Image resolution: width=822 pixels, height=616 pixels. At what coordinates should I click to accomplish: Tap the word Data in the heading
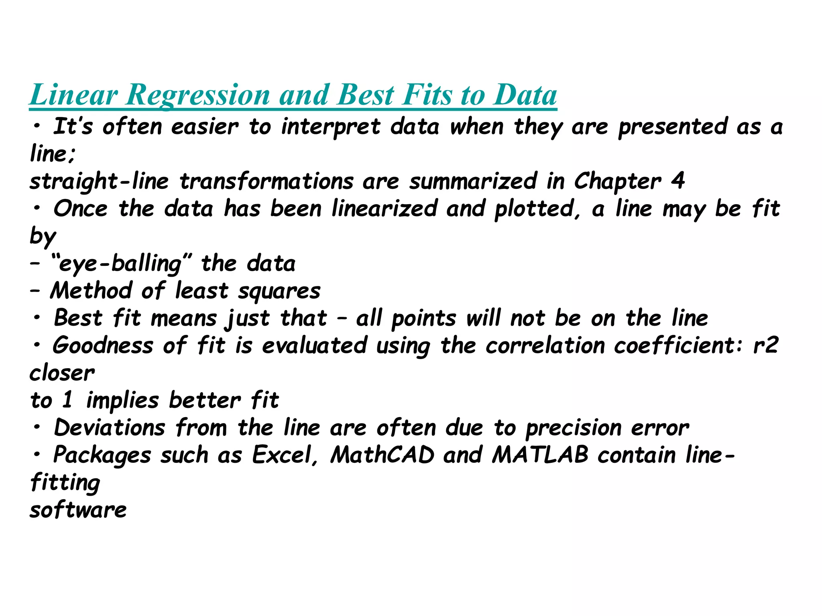[x=525, y=95]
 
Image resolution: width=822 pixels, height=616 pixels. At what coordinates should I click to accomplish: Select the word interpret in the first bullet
[x=330, y=127]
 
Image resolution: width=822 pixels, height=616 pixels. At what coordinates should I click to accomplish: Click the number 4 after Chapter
[x=678, y=181]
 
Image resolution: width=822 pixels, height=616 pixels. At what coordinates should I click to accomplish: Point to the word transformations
[x=267, y=181]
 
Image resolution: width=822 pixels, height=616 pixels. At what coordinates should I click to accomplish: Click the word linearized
[x=384, y=209]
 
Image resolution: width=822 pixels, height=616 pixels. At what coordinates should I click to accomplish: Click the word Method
[x=91, y=291]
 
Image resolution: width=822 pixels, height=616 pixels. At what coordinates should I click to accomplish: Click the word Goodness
[x=103, y=346]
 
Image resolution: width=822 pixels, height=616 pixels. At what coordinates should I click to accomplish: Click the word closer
[x=62, y=373]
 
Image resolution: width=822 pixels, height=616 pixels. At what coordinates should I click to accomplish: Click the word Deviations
[x=110, y=428]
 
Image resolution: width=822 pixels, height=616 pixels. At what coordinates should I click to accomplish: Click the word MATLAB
[x=540, y=455]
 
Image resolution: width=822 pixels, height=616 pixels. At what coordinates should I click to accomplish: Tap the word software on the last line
[x=78, y=510]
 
